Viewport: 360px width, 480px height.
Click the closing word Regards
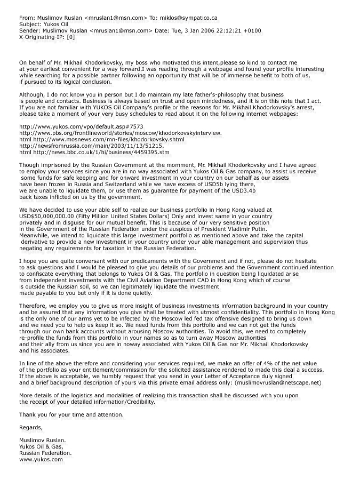click(x=30, y=428)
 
